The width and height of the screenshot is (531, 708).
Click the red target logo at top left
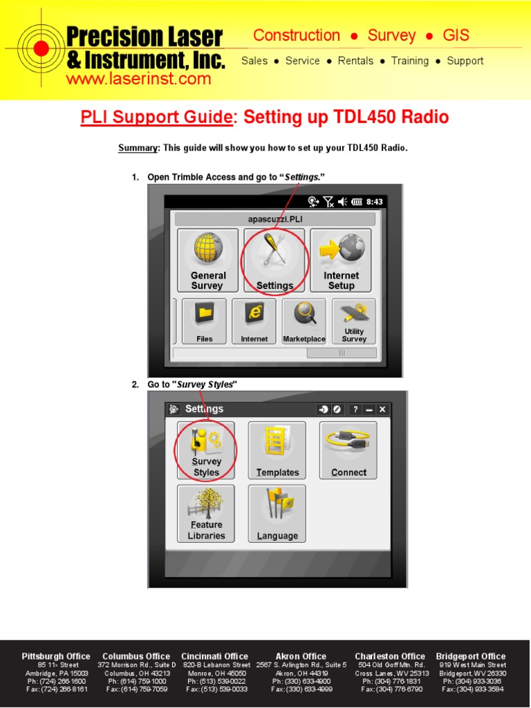[41, 48]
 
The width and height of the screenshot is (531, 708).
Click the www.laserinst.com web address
[138, 79]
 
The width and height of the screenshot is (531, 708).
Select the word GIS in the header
[456, 35]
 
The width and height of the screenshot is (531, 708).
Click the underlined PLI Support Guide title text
[156, 118]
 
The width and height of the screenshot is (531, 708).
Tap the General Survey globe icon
[208, 248]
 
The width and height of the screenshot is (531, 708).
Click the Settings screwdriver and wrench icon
[274, 248]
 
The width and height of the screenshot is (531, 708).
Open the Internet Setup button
[341, 260]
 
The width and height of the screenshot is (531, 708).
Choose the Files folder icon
[205, 315]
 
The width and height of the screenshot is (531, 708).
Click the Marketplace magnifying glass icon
[304, 314]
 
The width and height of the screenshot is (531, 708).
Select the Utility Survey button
[354, 321]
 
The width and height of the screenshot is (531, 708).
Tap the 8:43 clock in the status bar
[374, 202]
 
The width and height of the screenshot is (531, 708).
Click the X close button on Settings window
[382, 409]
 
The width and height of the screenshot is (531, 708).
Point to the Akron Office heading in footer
[301, 656]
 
